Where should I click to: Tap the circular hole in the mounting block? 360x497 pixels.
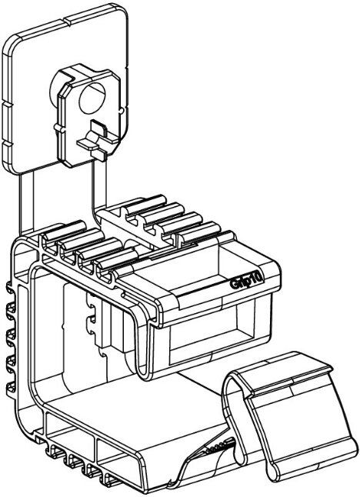(x=92, y=98)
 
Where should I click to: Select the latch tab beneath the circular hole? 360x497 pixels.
(x=98, y=139)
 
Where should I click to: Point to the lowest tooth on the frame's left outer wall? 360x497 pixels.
(x=11, y=387)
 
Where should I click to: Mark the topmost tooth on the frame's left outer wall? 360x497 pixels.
(x=11, y=288)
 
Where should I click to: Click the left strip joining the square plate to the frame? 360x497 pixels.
(x=26, y=204)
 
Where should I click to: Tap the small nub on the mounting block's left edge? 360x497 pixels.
(x=57, y=127)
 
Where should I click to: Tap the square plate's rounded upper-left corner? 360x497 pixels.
(x=11, y=44)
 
